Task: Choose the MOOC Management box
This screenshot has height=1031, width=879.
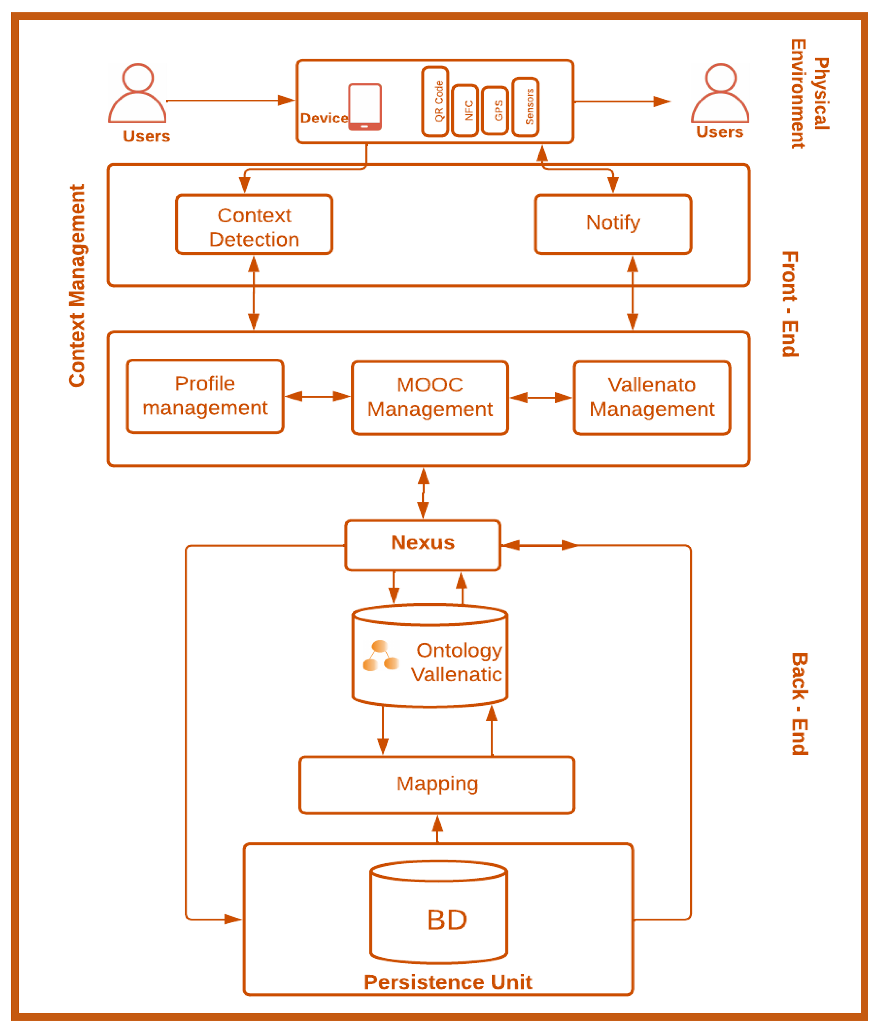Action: [x=429, y=398]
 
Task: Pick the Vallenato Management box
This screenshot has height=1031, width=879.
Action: [x=652, y=398]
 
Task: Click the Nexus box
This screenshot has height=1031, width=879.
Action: [x=422, y=545]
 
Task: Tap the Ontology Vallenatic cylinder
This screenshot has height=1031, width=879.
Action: [x=429, y=656]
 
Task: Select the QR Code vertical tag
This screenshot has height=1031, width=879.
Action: [x=435, y=101]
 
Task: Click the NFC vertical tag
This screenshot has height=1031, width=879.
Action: [x=465, y=110]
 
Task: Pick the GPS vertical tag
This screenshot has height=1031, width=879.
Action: [x=495, y=110]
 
